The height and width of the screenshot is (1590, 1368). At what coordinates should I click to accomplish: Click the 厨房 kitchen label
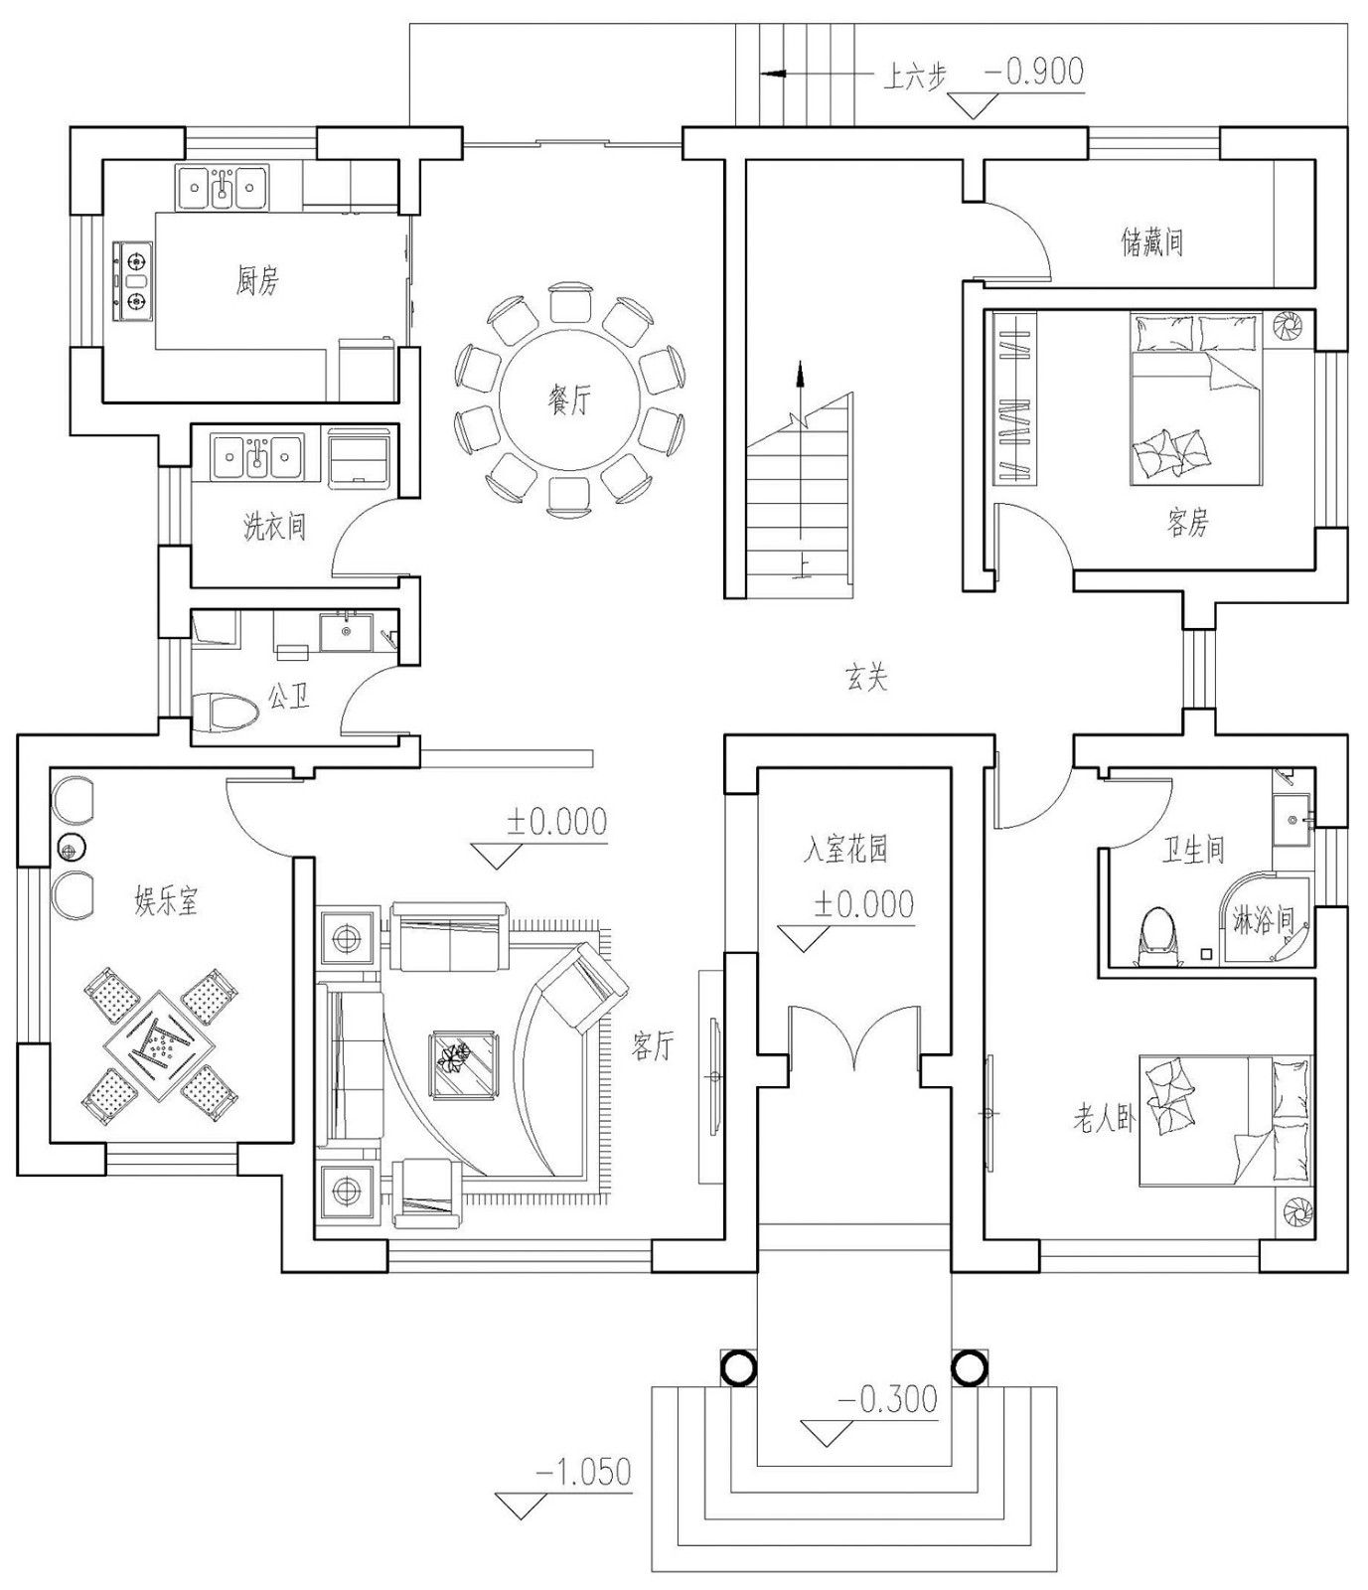257,281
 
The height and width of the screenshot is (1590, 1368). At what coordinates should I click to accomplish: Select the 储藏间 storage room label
1151,241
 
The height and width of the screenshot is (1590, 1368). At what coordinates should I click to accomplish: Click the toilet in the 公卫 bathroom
228,713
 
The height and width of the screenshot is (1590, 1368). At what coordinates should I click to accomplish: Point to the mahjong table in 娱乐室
159,1043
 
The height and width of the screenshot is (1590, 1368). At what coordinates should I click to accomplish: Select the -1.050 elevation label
584,1471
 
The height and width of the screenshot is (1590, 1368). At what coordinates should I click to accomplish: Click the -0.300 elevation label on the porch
888,1398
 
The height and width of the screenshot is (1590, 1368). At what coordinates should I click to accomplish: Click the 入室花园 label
844,850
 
